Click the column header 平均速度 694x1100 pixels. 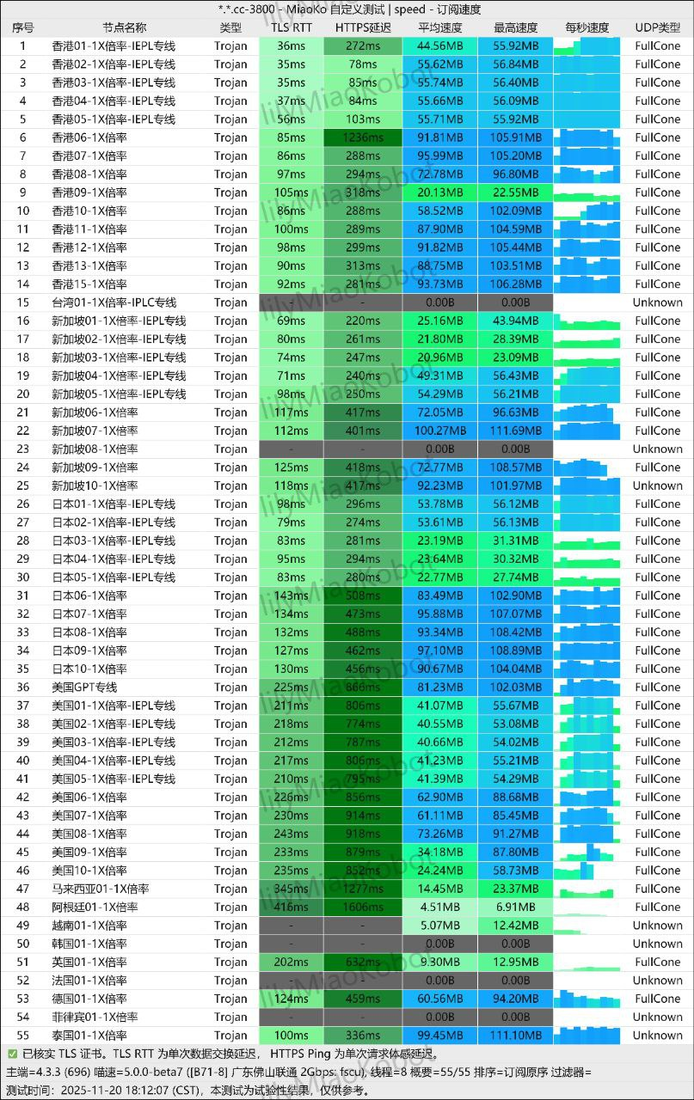coord(439,27)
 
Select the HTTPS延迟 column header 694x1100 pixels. coord(363,27)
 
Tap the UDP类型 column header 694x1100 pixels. coord(657,27)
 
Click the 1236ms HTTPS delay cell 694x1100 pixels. coord(363,137)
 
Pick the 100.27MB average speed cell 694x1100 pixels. coord(439,431)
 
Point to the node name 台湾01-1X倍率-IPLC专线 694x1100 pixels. coord(114,302)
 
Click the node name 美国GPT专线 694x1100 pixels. coord(84,687)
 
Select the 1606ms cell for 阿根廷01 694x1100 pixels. coord(363,907)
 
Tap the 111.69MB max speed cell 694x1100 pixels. coord(516,431)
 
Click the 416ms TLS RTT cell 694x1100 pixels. coord(292,907)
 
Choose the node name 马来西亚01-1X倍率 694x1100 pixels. coord(101,889)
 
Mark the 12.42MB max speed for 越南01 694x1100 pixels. coord(516,926)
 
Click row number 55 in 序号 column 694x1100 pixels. coord(23,1035)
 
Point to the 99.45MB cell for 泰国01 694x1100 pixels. coord(439,1035)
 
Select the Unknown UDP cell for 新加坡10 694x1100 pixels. coord(657,486)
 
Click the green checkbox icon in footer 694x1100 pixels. coord(12,1054)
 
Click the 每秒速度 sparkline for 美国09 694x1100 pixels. coord(587,852)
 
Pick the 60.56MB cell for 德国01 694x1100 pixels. coord(439,999)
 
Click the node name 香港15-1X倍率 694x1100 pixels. coord(89,284)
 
